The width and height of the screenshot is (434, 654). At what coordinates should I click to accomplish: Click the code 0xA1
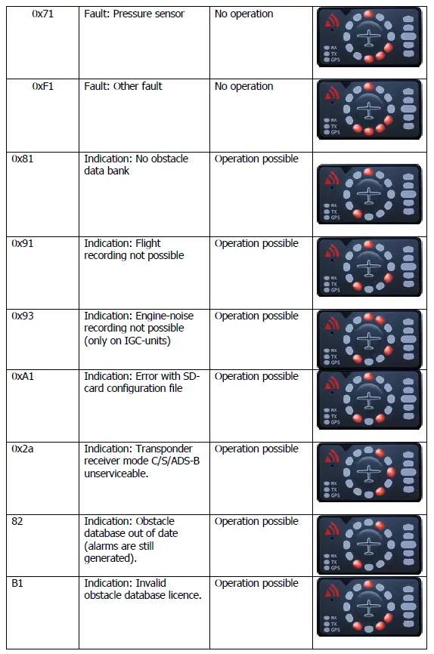coord(25,376)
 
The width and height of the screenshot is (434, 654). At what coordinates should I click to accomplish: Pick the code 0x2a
coord(24,449)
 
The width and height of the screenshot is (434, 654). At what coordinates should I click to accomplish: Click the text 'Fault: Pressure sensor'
coord(134,14)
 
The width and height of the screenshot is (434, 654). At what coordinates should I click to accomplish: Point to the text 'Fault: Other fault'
coord(122,86)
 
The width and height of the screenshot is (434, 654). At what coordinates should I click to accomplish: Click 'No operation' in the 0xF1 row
coord(243,86)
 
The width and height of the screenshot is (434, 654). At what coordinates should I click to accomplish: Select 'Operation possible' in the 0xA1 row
coord(256,376)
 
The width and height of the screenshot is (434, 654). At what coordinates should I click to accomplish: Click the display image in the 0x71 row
coord(369,37)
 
